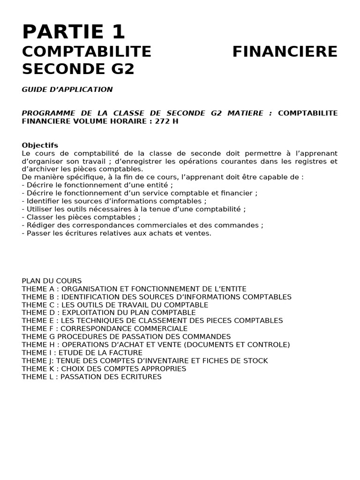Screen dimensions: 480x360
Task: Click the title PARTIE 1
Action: pos(74,32)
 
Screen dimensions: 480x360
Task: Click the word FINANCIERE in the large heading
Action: pos(285,52)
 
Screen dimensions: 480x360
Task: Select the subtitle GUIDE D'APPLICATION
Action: pos(67,89)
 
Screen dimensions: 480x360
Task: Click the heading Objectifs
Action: pos(40,145)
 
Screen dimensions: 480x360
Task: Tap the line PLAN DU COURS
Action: pos(52,281)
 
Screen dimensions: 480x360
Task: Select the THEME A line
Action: pos(134,289)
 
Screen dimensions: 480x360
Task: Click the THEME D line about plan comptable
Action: pos(108,313)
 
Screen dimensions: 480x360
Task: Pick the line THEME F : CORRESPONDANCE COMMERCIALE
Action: pos(105,329)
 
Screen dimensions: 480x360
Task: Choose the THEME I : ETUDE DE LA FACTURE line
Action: pos(82,352)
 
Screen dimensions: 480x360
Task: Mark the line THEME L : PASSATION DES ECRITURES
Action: pos(91,376)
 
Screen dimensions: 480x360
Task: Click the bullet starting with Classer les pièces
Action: pos(81,217)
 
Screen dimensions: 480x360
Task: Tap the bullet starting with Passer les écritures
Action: pos(117,233)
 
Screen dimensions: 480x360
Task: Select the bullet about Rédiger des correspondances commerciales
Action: pos(142,225)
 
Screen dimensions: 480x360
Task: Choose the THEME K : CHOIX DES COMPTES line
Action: pos(104,368)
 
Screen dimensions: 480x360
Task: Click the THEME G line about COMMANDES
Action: pos(126,337)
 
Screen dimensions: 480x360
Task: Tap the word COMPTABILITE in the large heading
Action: pos(87,52)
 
